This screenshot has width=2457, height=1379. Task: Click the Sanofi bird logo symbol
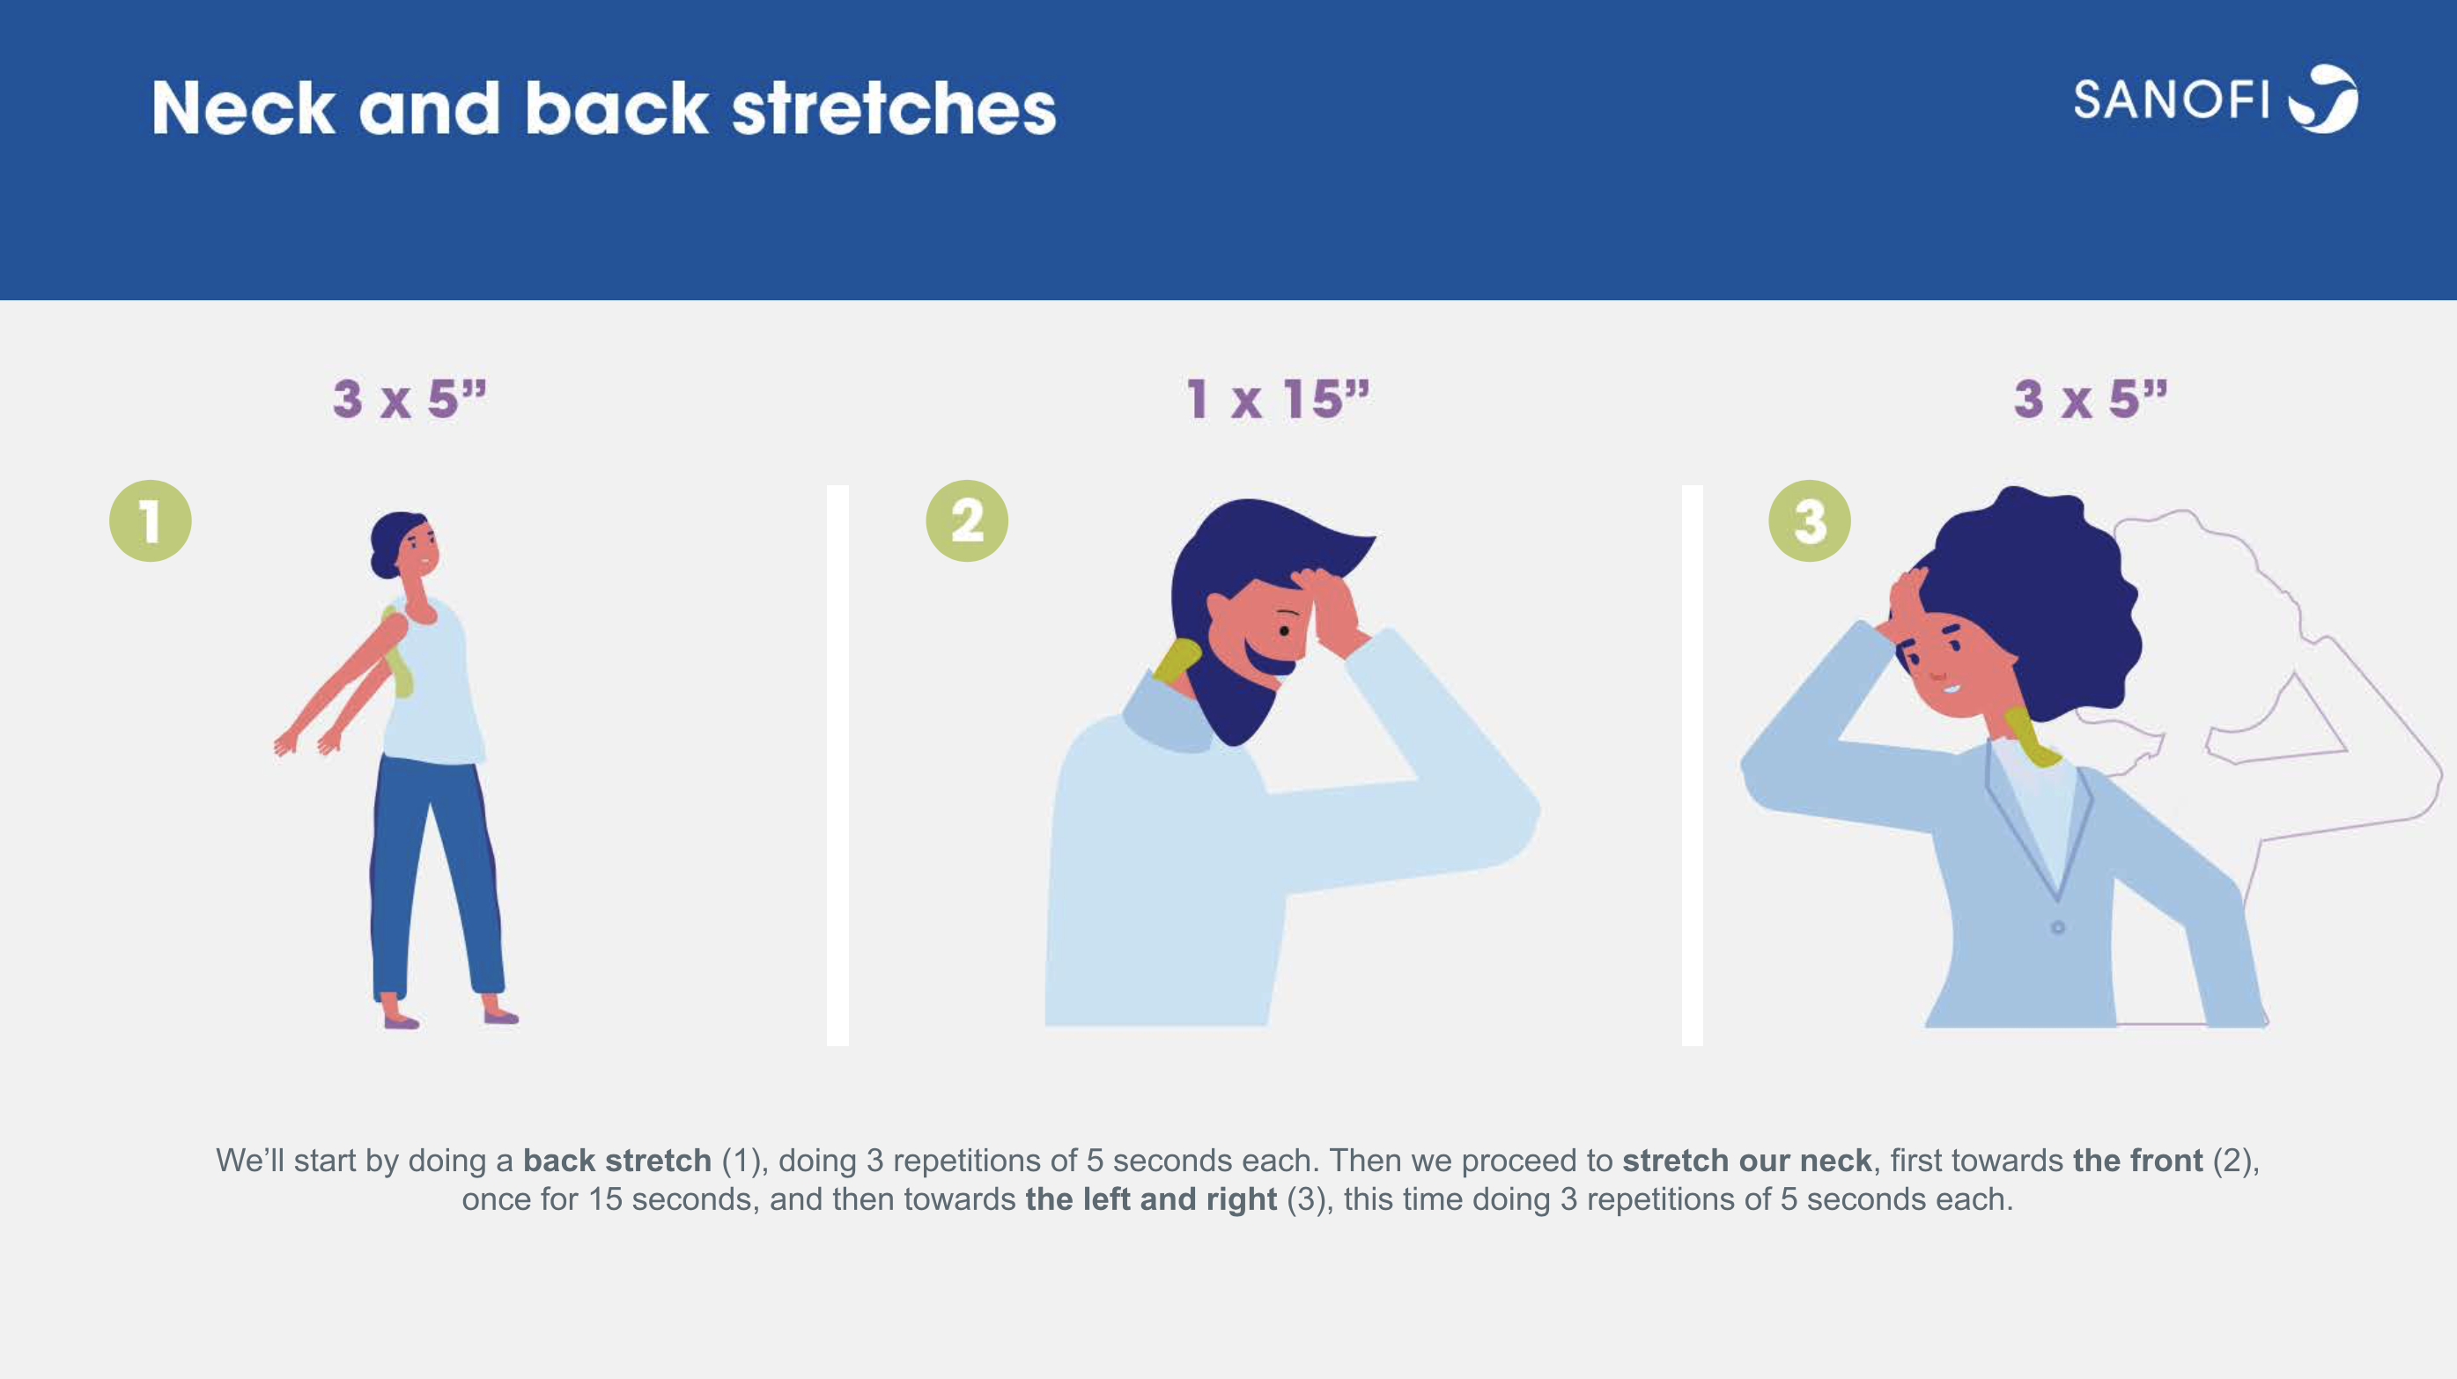tap(2323, 100)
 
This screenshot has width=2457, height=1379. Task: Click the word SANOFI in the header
tap(2172, 100)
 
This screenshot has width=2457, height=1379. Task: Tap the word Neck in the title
tap(244, 107)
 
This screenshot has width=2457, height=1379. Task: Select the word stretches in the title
tap(894, 107)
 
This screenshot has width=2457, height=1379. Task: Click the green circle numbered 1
tap(150, 520)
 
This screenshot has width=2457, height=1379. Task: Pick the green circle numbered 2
tap(967, 520)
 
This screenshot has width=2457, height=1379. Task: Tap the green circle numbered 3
tap(1810, 520)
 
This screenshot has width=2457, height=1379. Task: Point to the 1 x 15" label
tap(1278, 399)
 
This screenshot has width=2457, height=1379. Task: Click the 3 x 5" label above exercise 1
tap(410, 399)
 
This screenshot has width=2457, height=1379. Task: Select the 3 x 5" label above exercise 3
tap(2091, 399)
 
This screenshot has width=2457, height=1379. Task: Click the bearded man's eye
tap(1285, 631)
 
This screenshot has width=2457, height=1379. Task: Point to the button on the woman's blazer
tap(2057, 927)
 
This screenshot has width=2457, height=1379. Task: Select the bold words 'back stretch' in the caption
tap(617, 1161)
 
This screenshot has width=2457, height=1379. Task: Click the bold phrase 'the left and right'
tap(1151, 1198)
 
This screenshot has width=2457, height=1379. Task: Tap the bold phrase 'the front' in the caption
tap(2137, 1161)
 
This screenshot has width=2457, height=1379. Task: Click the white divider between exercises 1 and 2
tap(837, 765)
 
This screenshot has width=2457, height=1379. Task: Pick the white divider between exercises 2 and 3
tap(1692, 765)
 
